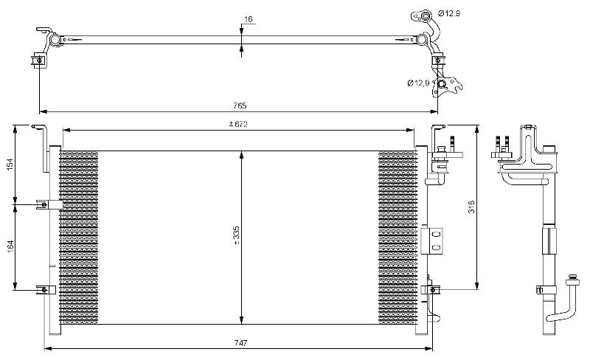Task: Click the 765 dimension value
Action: [240, 106]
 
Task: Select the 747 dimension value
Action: [240, 343]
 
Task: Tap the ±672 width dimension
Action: [238, 124]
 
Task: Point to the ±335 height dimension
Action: [236, 236]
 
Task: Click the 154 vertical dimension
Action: [10, 163]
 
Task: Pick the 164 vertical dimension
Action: [10, 246]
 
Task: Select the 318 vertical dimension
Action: [471, 207]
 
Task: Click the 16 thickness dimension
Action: [249, 19]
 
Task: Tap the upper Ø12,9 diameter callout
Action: [450, 13]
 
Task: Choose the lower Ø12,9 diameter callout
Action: [418, 83]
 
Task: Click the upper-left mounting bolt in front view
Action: [44, 204]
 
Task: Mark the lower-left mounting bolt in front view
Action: [44, 289]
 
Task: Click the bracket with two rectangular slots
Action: [432, 241]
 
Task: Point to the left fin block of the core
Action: [79, 238]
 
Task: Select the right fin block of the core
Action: [398, 238]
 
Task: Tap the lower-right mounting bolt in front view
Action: [433, 290]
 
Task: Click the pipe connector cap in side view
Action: [573, 280]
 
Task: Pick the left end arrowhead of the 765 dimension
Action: [43, 111]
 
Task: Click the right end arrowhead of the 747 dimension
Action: [429, 349]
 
